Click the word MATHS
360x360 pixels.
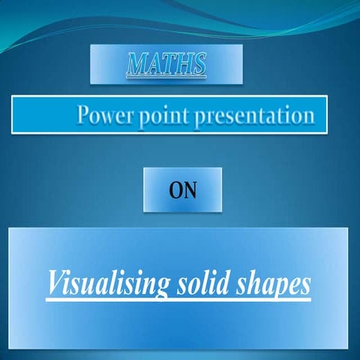pyautogui.click(x=166, y=64)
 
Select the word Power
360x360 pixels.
pyautogui.click(x=106, y=116)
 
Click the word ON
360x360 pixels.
pyautogui.click(x=182, y=190)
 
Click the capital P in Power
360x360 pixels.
pyautogui.click(x=85, y=115)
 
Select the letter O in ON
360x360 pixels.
pyautogui.click(x=175, y=190)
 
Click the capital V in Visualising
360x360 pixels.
pyautogui.click(x=55, y=284)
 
